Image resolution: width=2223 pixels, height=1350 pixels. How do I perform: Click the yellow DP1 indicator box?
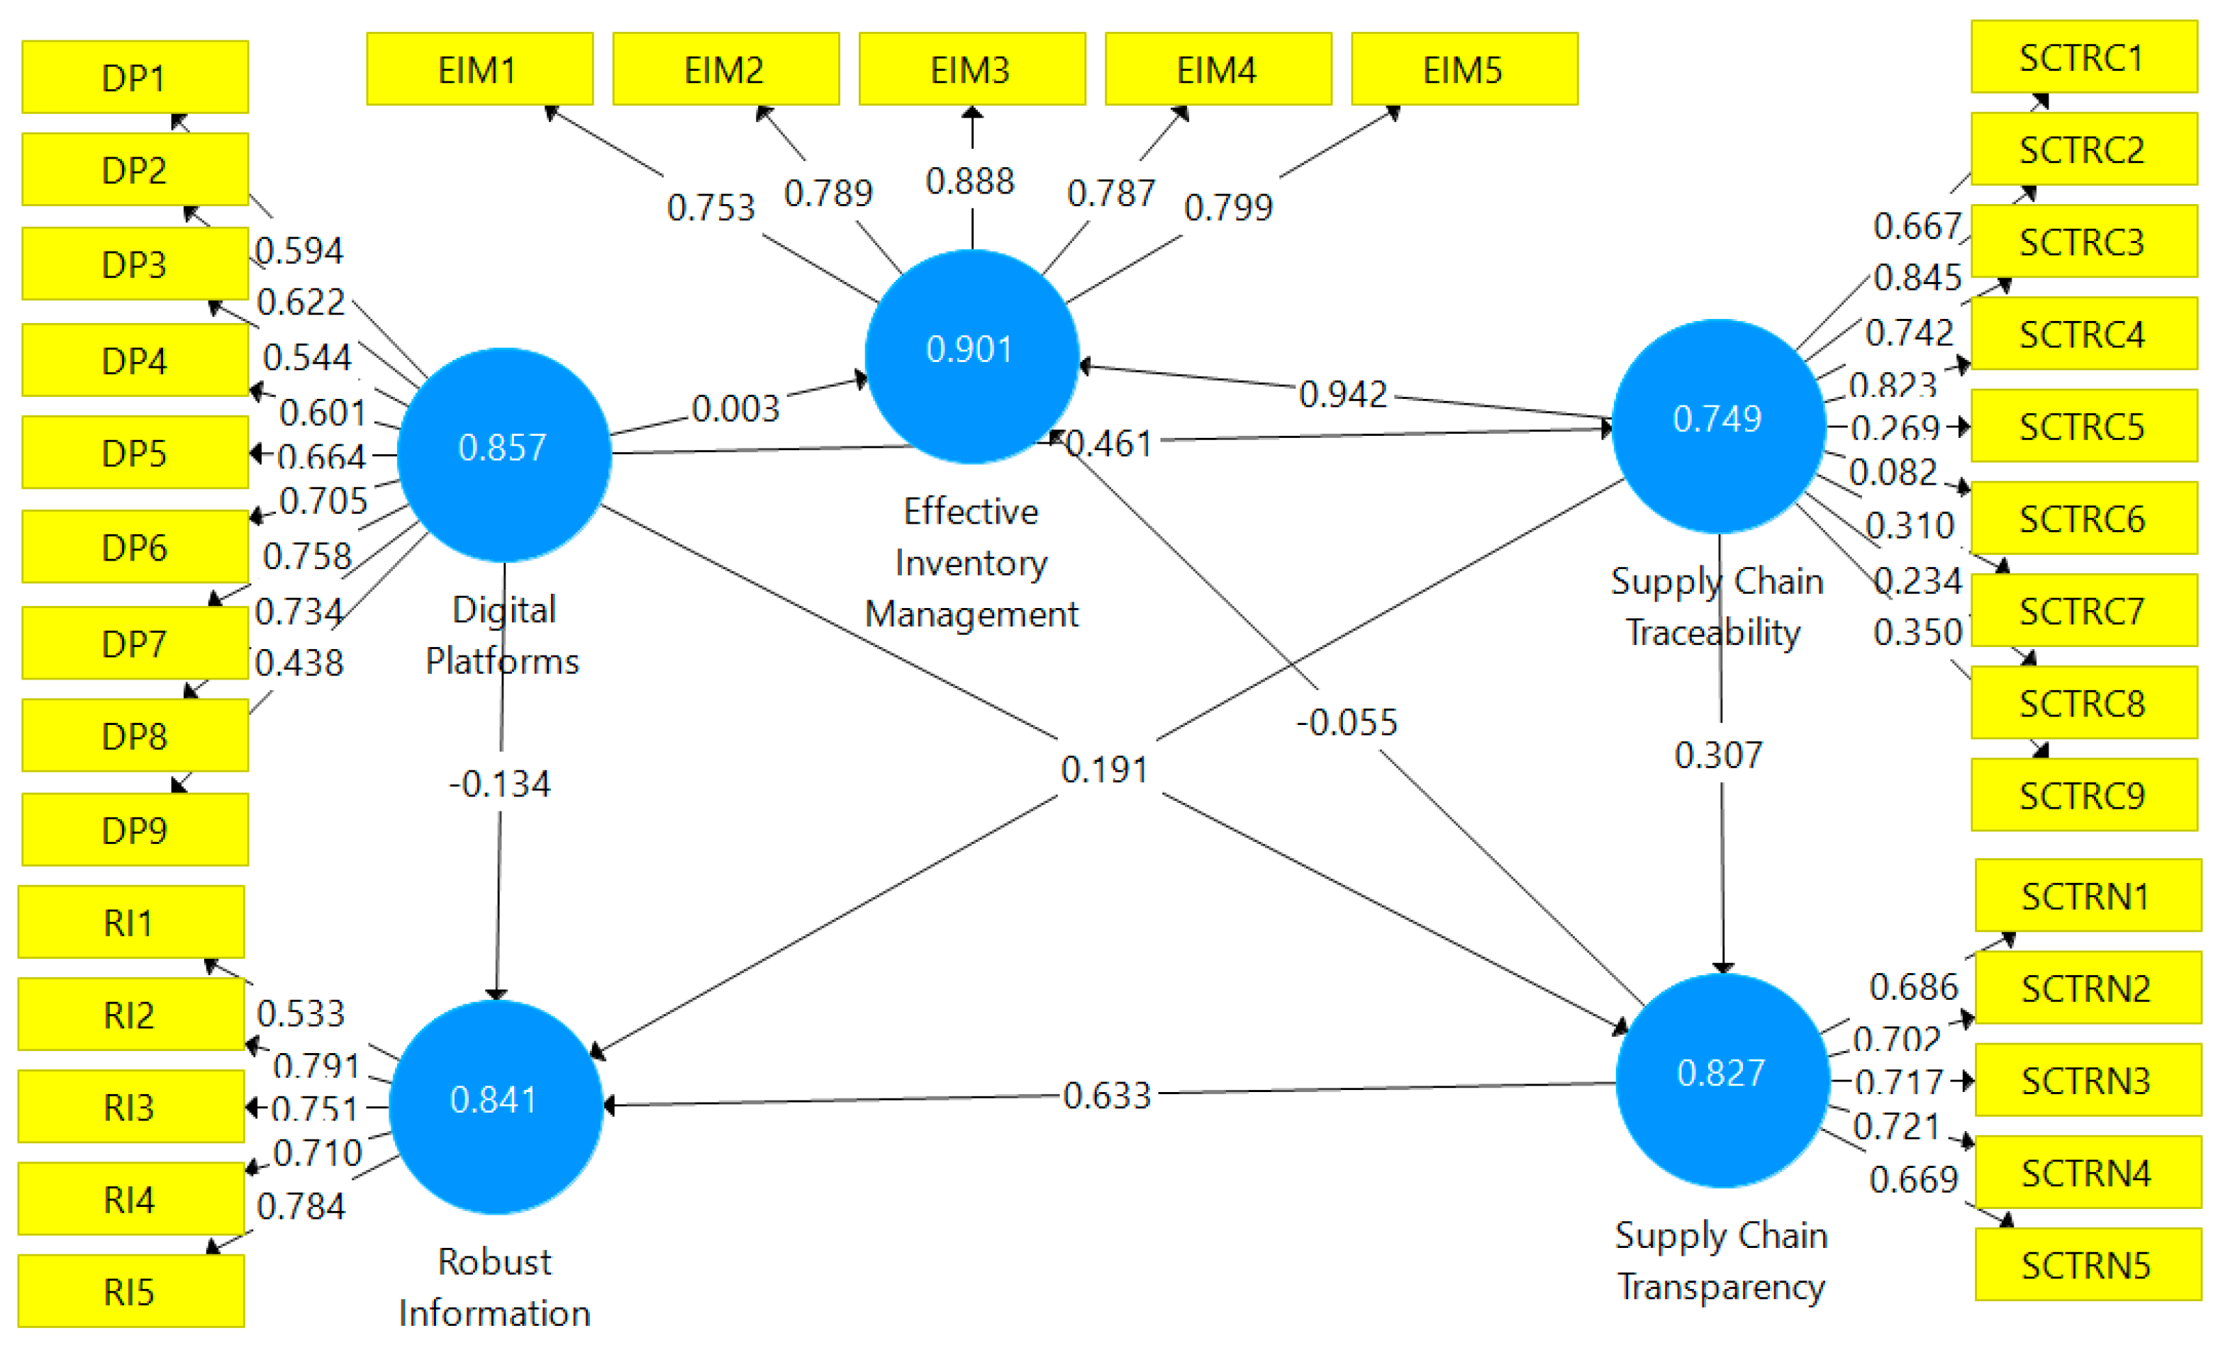[135, 77]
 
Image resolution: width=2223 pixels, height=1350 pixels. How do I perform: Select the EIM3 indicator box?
[971, 69]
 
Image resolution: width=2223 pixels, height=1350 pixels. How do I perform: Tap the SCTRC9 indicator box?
[2083, 794]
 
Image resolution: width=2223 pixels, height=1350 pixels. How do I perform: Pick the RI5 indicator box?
[130, 1291]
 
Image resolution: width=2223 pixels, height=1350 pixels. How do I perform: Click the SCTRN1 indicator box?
[2087, 896]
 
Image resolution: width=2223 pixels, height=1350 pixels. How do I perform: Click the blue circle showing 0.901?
[971, 355]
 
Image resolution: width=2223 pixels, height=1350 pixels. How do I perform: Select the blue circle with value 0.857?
[503, 454]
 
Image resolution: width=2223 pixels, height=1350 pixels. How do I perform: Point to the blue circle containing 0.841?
[496, 1106]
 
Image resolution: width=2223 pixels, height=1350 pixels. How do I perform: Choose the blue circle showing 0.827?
[1722, 1079]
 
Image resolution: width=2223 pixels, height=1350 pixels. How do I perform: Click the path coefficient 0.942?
[1342, 394]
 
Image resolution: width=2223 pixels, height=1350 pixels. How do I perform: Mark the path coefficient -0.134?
[500, 784]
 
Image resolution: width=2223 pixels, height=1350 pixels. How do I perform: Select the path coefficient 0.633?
[1107, 1096]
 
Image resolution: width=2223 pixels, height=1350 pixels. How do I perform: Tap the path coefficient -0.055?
[1346, 722]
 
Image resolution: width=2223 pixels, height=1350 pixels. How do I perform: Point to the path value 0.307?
[1717, 755]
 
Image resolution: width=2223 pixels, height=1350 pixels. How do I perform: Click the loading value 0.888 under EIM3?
[970, 181]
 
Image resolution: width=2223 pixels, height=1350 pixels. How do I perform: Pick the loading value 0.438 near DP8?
[299, 663]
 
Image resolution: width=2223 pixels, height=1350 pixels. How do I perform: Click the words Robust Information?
[494, 1287]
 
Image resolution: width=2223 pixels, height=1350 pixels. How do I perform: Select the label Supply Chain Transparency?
[1720, 1260]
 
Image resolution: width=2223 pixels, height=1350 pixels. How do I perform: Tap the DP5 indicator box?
[135, 453]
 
